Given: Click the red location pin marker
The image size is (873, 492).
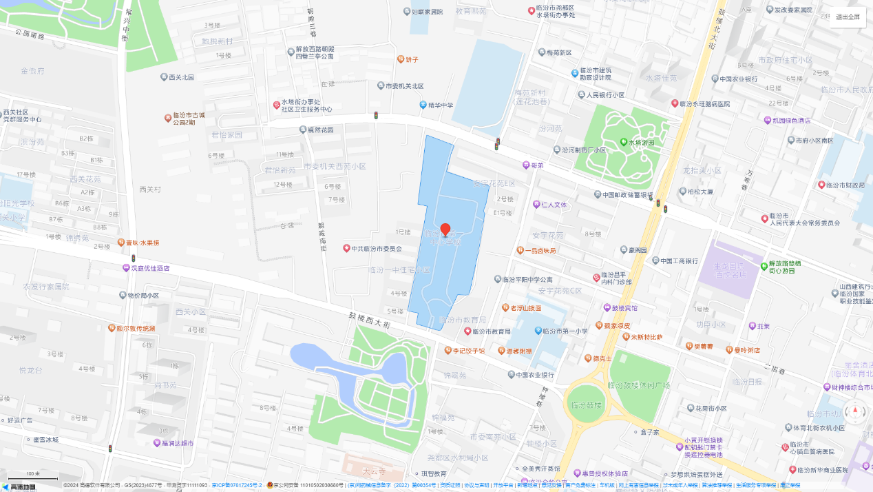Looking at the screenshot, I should pos(445,230).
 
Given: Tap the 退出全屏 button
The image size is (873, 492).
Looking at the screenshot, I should pos(848,17).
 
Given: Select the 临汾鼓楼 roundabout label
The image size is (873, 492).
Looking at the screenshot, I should pos(584,405).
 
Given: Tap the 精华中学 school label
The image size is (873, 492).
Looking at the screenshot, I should pos(441,105).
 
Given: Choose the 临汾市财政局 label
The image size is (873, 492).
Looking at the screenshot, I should pos(845,185).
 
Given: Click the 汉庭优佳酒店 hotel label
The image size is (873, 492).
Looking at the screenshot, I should pos(150,268).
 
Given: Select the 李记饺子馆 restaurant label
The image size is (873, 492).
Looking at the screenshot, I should pos(468,351).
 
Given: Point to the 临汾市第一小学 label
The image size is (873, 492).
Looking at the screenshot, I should pos(564,331).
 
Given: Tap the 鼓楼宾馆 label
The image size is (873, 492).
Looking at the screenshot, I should pos(624,308).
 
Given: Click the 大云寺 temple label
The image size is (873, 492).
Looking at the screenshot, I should pos(375,471).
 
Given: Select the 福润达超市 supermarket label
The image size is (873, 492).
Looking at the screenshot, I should pos(172,443).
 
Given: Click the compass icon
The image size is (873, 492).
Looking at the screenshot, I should pos(856,412).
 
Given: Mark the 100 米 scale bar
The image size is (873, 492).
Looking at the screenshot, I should pos(32,475).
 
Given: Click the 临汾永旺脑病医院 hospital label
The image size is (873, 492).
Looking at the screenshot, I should pos(704,103).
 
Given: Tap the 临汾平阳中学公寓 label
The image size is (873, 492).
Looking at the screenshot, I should pos(527,279).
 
